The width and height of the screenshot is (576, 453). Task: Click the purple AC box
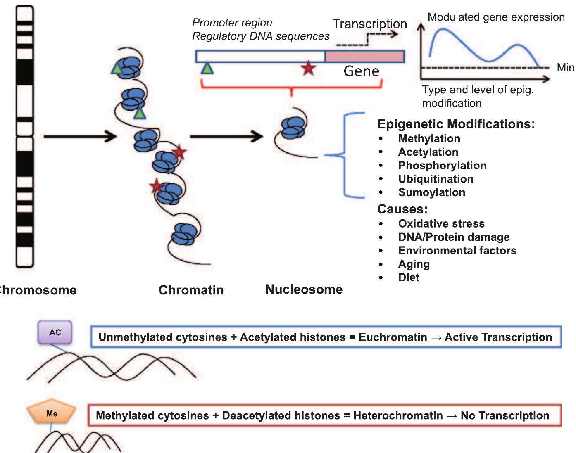coord(55,332)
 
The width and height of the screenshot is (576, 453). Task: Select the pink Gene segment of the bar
coord(364,57)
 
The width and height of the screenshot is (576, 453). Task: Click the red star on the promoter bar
coord(308,68)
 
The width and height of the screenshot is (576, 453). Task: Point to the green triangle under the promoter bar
coord(207,68)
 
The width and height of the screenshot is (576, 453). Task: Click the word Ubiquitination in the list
coord(436,179)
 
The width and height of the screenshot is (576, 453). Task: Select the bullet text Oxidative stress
coord(441,223)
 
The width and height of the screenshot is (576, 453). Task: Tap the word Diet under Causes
coord(409,277)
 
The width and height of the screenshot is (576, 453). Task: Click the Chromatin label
coord(191,290)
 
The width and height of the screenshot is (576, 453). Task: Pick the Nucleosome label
coord(304,289)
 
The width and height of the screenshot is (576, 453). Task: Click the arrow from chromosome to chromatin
coord(80,136)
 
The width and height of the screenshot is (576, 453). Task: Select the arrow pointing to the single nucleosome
coord(226,136)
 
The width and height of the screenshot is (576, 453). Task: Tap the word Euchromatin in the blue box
coord(393,337)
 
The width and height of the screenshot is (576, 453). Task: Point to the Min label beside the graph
coord(565,67)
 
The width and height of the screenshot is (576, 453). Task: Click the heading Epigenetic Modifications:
coord(456,124)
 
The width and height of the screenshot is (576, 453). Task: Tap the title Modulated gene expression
coord(496,17)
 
